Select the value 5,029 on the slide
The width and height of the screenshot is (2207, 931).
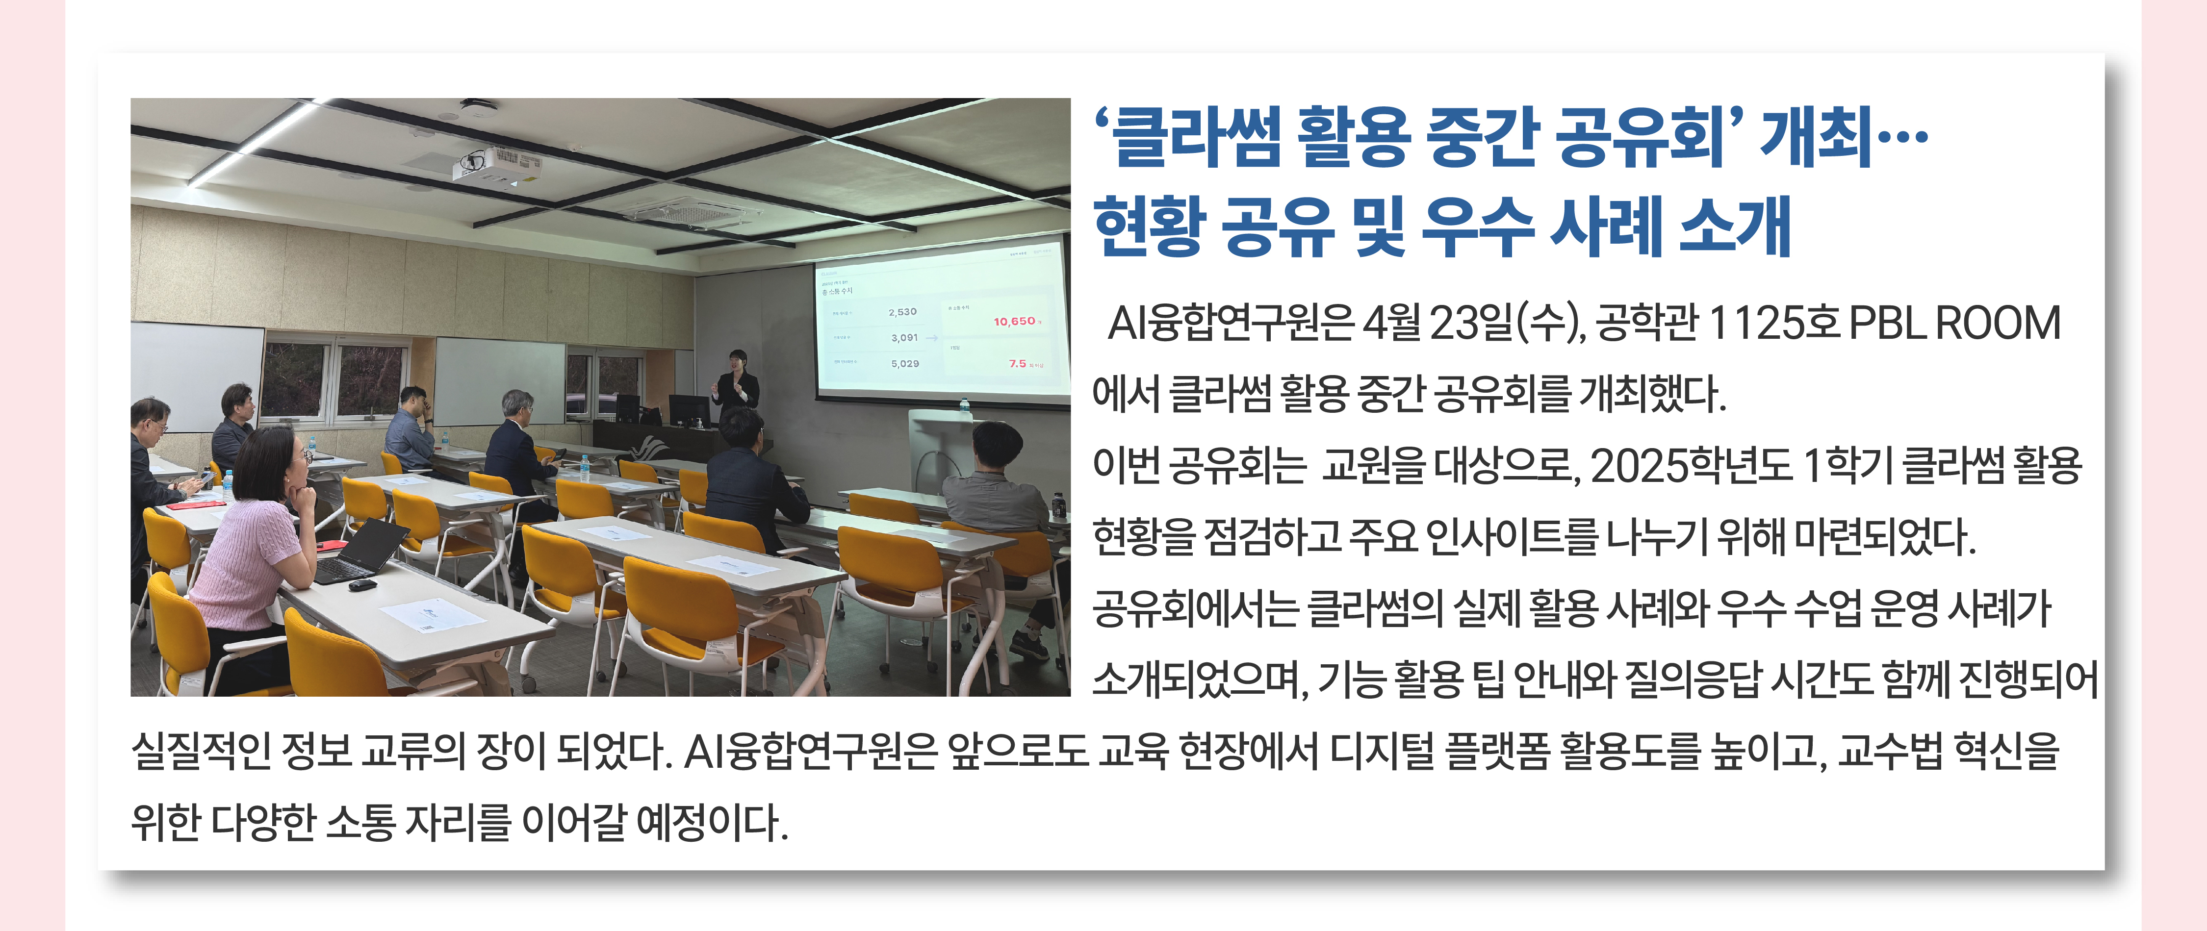point(905,363)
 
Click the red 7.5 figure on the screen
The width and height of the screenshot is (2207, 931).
point(1017,363)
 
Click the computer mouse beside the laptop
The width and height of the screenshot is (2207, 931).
point(362,585)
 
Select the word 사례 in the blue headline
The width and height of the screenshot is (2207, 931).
point(1606,226)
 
